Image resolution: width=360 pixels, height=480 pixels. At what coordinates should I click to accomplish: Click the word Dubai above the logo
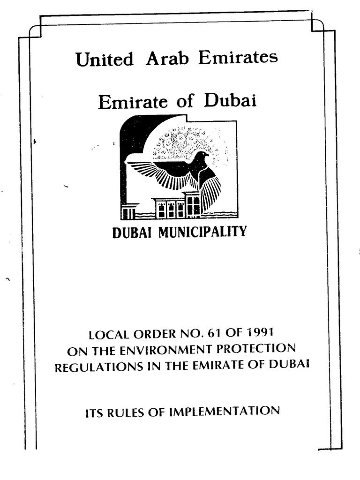[230, 101]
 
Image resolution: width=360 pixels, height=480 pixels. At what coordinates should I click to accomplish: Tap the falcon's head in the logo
[202, 157]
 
